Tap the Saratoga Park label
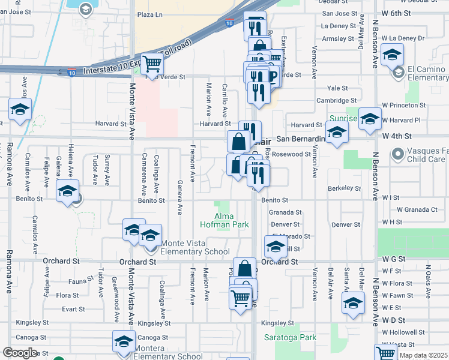291,337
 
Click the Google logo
20,353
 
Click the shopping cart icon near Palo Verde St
152,63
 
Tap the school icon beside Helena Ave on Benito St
67,191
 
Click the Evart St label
73,309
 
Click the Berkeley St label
345,188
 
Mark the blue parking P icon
273,76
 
